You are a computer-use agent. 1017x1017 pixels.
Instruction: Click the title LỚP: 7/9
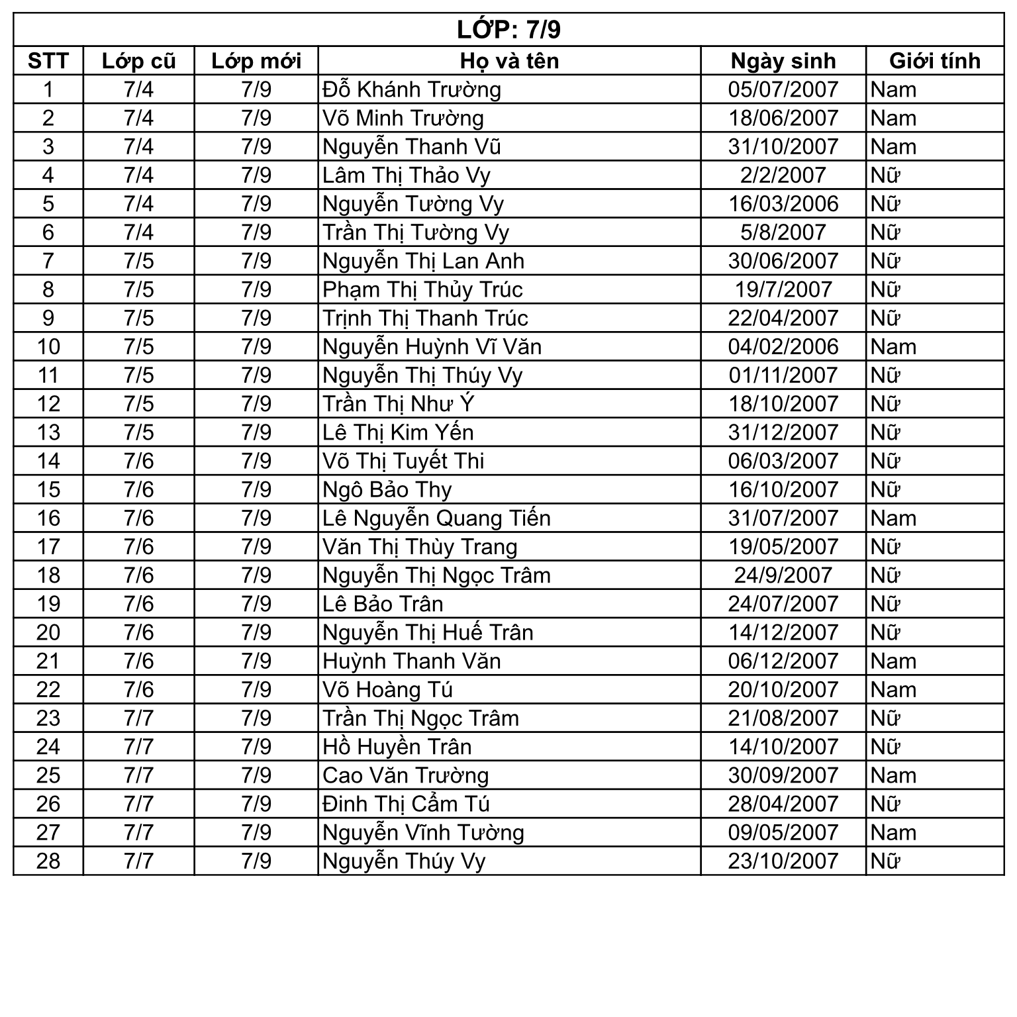pyautogui.click(x=508, y=30)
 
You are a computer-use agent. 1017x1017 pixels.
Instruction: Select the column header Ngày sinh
pyautogui.click(x=783, y=61)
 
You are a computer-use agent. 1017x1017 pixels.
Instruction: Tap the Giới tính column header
pyautogui.click(x=934, y=61)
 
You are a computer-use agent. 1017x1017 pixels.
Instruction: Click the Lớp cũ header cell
pyautogui.click(x=138, y=61)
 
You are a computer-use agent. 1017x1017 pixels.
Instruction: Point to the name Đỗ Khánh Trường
pyautogui.click(x=411, y=89)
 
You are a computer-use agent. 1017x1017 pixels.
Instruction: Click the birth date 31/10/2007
pyautogui.click(x=783, y=146)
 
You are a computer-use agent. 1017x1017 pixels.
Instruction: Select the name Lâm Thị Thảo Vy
pyautogui.click(x=406, y=175)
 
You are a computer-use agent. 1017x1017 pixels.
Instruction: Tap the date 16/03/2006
pyautogui.click(x=783, y=204)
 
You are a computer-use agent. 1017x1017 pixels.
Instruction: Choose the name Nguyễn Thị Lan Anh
pyautogui.click(x=423, y=261)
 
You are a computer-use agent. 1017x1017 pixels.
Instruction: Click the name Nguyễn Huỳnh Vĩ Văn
pyautogui.click(x=432, y=347)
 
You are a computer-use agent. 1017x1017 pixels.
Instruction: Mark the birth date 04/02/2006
pyautogui.click(x=783, y=347)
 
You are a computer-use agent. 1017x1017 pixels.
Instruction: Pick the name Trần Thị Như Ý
pyautogui.click(x=398, y=404)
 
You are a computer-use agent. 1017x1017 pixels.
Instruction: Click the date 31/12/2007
pyautogui.click(x=783, y=432)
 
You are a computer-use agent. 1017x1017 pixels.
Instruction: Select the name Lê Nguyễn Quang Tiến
pyautogui.click(x=436, y=518)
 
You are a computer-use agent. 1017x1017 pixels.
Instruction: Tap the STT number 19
pyautogui.click(x=48, y=604)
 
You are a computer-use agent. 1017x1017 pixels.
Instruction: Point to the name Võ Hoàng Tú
pyautogui.click(x=387, y=690)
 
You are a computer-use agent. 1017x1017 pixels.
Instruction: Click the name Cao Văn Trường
pyautogui.click(x=405, y=775)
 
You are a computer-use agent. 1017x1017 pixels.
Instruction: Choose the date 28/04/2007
pyautogui.click(x=783, y=804)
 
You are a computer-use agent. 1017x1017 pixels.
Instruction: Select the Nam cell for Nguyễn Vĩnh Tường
pyautogui.click(x=893, y=832)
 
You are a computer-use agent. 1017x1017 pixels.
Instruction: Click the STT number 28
pyautogui.click(x=48, y=861)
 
